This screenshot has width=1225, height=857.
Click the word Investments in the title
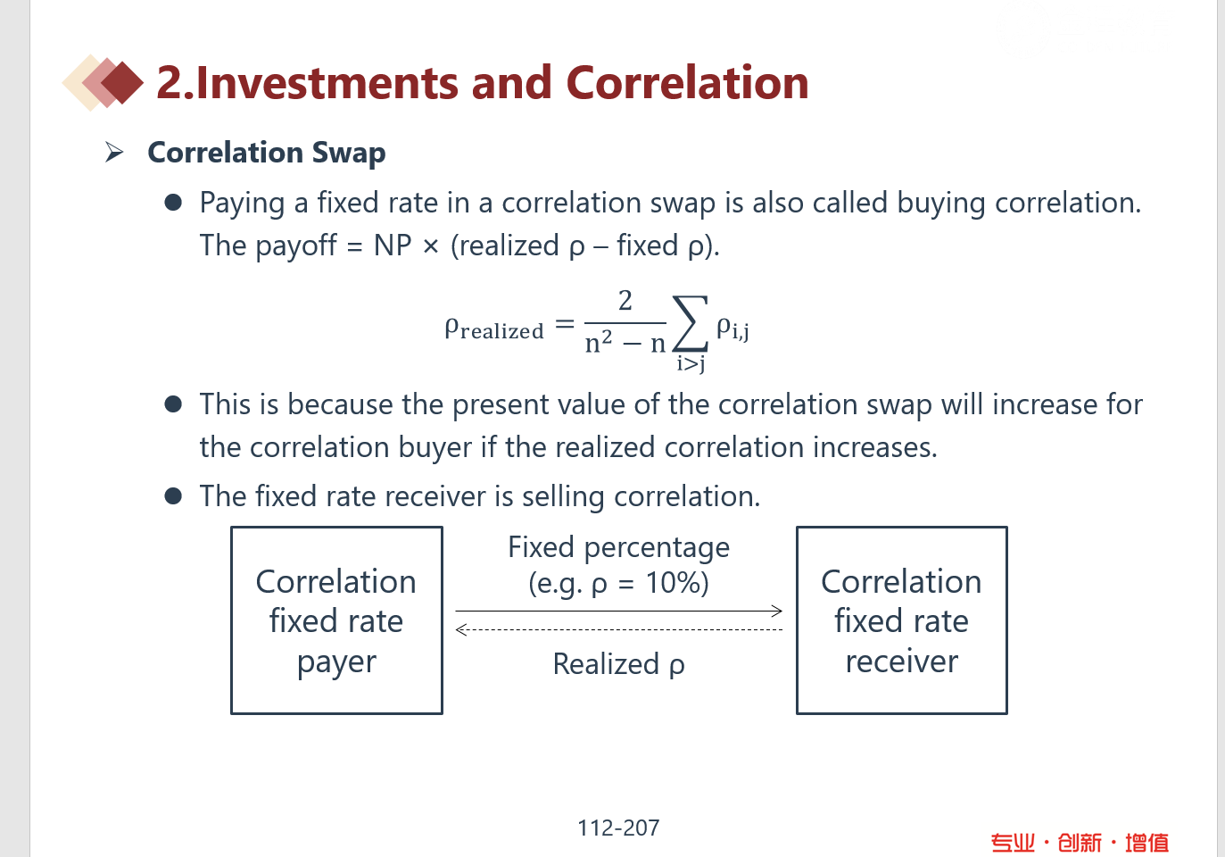coord(327,82)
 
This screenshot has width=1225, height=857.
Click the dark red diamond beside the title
coord(122,83)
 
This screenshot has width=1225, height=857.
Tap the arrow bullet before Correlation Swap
coord(113,152)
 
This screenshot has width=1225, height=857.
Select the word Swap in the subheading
coord(348,154)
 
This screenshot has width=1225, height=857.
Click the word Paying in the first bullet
coord(242,204)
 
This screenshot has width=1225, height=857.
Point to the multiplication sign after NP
coord(430,246)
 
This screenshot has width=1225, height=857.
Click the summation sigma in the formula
coord(691,323)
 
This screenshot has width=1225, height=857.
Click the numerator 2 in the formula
coord(625,301)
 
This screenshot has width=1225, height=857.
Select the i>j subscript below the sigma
coord(691,363)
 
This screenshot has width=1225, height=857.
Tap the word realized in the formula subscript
coord(502,331)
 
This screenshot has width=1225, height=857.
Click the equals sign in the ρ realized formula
coord(565,324)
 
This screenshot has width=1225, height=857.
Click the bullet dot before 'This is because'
coord(173,404)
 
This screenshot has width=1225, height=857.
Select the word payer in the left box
coord(336,663)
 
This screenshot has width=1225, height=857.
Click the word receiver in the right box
coord(902,661)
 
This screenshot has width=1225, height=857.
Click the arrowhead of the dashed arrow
coord(461,630)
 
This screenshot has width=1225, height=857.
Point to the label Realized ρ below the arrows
coord(618,664)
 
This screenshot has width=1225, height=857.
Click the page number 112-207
coord(618,828)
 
